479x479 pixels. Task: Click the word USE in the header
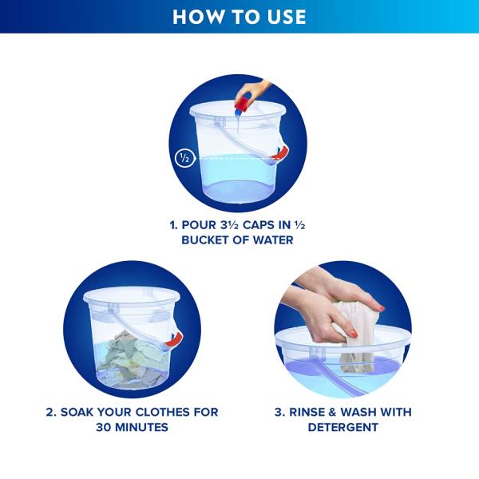pyautogui.click(x=287, y=17)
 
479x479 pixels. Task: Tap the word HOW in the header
pyautogui.click(x=197, y=17)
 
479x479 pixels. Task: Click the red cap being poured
pyautogui.click(x=243, y=103)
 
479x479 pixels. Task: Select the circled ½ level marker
pyautogui.click(x=184, y=159)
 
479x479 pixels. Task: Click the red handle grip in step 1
pyautogui.click(x=280, y=153)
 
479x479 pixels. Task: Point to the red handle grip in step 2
pyautogui.click(x=174, y=339)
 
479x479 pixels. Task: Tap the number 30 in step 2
pyautogui.click(x=103, y=427)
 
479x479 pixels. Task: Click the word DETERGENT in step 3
pyautogui.click(x=343, y=427)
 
